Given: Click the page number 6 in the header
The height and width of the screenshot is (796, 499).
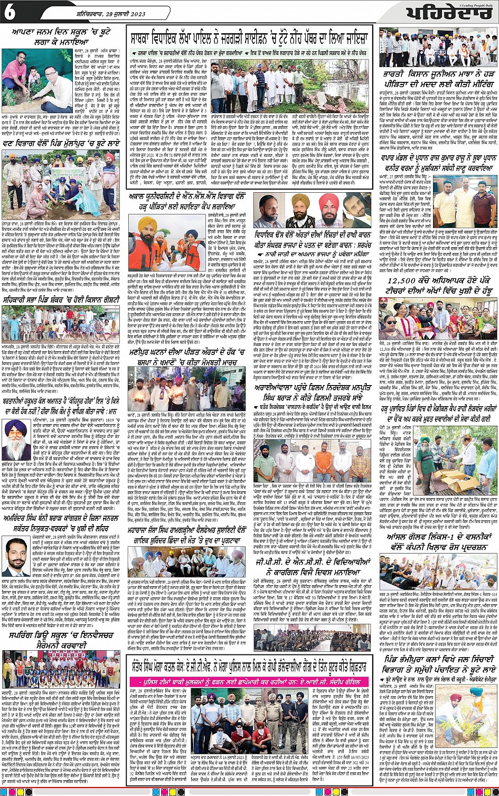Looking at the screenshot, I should tap(10, 12).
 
